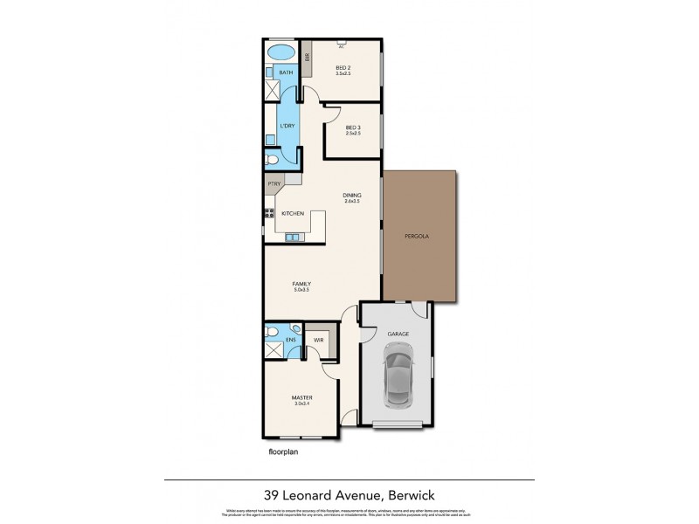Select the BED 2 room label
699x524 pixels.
(x=343, y=66)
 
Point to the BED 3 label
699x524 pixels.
(x=352, y=128)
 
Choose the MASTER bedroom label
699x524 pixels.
(x=301, y=397)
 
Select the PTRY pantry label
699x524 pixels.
(x=274, y=183)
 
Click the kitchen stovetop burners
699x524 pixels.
(x=268, y=212)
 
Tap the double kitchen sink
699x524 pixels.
(x=293, y=236)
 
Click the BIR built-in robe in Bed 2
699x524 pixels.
(x=308, y=59)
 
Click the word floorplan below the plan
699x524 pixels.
(x=285, y=453)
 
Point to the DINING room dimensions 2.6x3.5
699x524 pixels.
(x=352, y=202)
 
